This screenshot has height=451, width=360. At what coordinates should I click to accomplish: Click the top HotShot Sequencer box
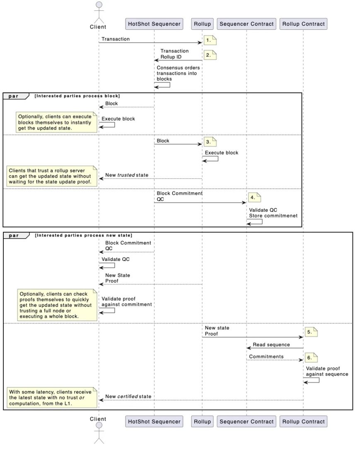(x=154, y=24)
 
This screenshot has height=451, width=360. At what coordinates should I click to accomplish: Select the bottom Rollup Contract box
(x=303, y=422)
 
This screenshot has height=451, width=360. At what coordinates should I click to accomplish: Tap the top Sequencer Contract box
(x=246, y=24)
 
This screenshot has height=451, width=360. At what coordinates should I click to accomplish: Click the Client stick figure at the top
(x=98, y=12)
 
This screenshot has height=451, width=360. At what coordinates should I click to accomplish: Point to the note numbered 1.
(x=210, y=41)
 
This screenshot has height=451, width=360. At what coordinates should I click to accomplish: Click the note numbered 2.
(x=210, y=55)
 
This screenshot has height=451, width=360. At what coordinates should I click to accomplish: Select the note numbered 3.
(x=210, y=142)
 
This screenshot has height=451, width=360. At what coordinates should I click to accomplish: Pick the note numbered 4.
(x=254, y=197)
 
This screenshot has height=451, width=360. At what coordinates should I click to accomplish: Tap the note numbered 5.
(x=311, y=332)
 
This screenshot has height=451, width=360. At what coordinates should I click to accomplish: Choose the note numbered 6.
(x=311, y=357)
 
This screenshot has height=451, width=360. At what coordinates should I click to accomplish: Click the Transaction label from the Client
(x=116, y=39)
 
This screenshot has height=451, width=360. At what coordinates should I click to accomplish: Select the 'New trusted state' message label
(x=127, y=175)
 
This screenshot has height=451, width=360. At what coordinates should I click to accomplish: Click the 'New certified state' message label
(x=128, y=396)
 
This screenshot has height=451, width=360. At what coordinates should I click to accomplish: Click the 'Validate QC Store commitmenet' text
(x=273, y=212)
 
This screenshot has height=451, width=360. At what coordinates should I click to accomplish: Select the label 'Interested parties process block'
(x=77, y=96)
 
